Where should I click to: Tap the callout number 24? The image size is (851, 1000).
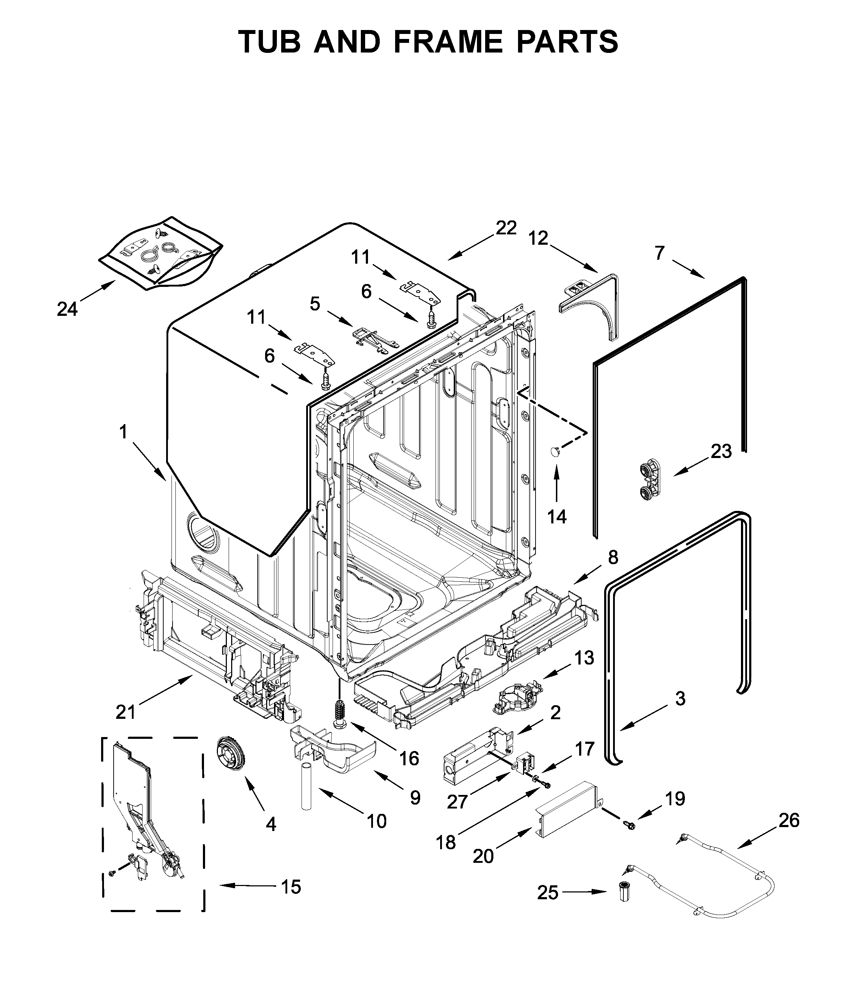click(67, 309)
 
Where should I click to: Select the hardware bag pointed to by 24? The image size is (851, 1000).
click(161, 253)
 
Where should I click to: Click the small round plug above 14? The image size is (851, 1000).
click(555, 451)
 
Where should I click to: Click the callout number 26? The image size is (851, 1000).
click(789, 820)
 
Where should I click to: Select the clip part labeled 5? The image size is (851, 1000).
click(374, 338)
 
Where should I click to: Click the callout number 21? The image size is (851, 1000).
click(125, 712)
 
